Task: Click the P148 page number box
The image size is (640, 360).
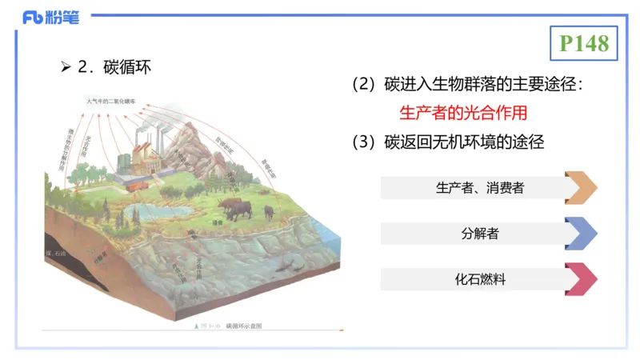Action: click(x=584, y=43)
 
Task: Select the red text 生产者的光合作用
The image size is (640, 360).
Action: click(x=463, y=113)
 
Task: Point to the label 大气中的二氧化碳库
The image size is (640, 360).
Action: click(x=115, y=102)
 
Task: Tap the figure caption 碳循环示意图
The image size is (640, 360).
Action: click(x=244, y=326)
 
